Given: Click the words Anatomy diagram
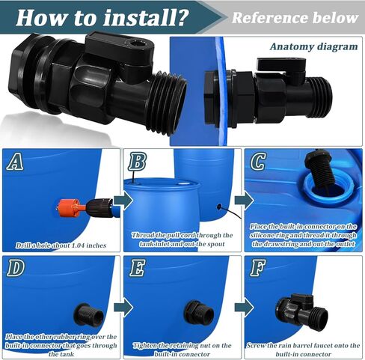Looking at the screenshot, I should pos(313,46).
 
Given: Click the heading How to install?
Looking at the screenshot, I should pos(100,16).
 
